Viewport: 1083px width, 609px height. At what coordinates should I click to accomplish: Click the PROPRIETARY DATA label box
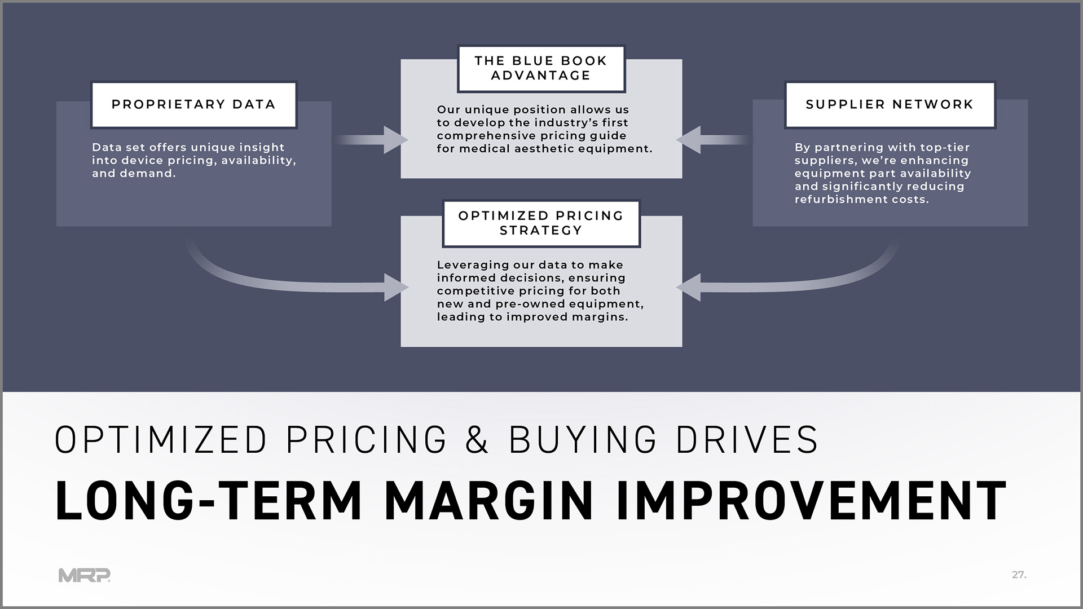[193, 105]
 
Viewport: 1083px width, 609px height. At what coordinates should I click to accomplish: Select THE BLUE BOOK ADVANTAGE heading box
[540, 68]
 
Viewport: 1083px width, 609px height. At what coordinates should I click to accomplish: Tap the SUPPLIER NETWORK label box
[890, 105]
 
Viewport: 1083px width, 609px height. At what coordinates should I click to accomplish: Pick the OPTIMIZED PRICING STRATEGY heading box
[540, 223]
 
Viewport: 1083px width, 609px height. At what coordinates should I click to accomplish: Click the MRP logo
[85, 575]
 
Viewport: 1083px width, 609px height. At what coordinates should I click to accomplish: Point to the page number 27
[1019, 575]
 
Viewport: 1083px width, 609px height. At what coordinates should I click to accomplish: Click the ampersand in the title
[477, 439]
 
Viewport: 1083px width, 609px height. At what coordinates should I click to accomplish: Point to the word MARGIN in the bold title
[488, 501]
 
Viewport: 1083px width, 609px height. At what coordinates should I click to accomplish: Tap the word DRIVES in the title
[747, 439]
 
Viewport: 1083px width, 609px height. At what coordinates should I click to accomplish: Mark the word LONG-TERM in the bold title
[208, 501]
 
